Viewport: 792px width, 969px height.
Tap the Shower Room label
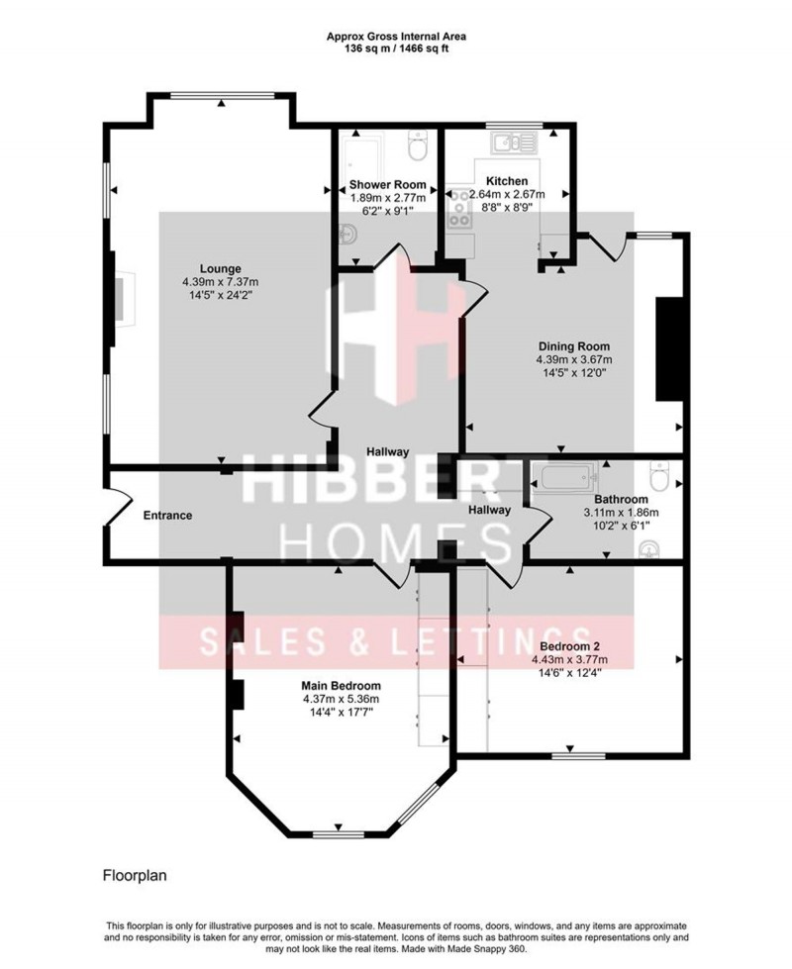pos(388,184)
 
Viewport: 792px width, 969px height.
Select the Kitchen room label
pos(506,181)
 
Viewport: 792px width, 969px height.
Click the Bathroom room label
pos(622,499)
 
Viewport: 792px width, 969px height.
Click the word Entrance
pos(167,516)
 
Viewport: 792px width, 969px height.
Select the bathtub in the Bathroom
pos(561,478)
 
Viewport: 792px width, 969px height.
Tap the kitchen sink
pos(516,143)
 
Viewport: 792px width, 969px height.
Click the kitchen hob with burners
pos(458,209)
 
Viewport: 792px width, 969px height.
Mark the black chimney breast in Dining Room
pos(670,348)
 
